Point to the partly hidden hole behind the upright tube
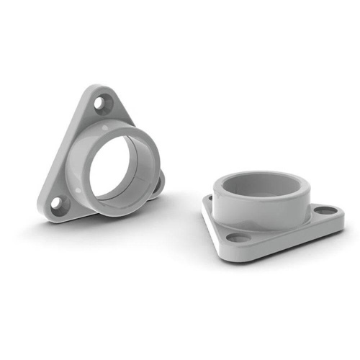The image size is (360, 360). point(158,184)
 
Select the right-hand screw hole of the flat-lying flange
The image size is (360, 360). point(325,210)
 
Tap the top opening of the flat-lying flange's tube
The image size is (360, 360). point(264,184)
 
